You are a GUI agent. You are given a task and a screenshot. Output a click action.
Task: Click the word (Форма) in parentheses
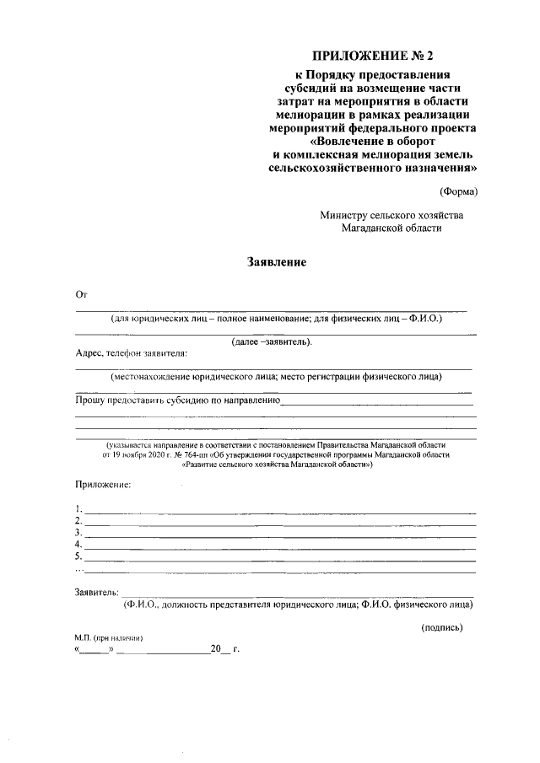pyautogui.click(x=458, y=191)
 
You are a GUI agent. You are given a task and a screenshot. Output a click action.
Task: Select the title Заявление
pyautogui.click(x=276, y=262)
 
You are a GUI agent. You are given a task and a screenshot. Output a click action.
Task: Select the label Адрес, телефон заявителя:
pyautogui.click(x=132, y=353)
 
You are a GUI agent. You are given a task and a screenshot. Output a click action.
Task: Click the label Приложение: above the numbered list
pyautogui.click(x=103, y=486)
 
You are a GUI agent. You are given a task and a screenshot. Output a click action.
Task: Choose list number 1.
pyautogui.click(x=78, y=508)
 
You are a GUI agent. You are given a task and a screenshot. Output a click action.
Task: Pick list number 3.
pyautogui.click(x=78, y=532)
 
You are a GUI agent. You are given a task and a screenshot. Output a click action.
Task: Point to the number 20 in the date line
pyautogui.click(x=215, y=650)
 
